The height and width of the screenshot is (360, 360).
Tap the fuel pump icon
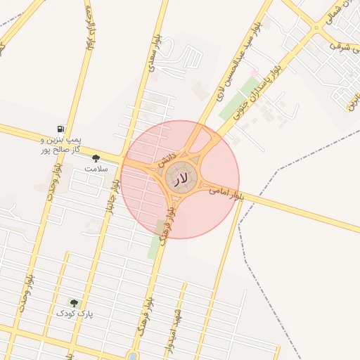coord(62,129)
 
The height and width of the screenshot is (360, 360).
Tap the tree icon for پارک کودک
coord(74,303)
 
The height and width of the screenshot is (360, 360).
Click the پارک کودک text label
coord(75,314)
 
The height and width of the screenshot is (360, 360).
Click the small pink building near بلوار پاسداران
coord(253,73)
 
